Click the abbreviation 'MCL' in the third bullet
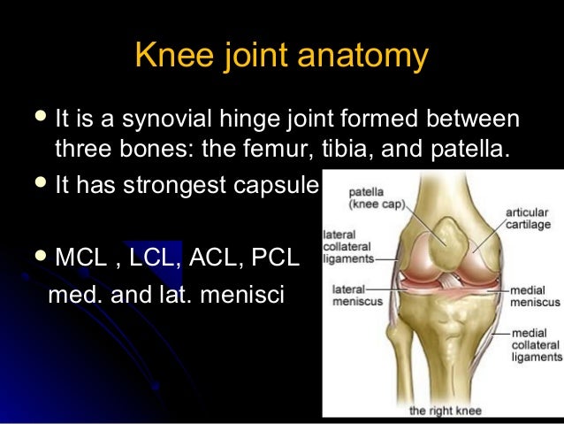[83, 259]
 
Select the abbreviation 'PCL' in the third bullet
[274, 259]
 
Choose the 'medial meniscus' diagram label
[534, 296]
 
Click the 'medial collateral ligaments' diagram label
[537, 345]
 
